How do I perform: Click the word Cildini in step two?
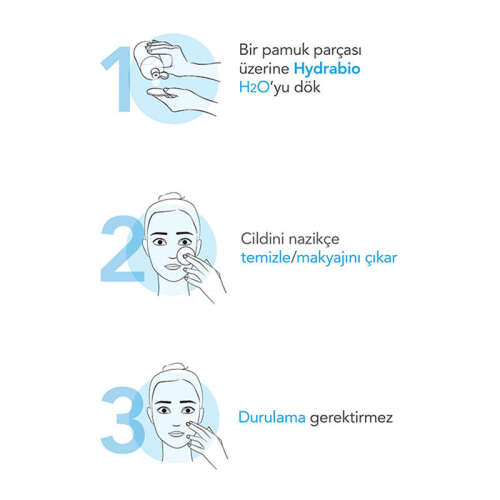click(263, 240)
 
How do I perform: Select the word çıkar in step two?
click(378, 258)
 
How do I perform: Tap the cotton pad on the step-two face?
click(180, 262)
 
